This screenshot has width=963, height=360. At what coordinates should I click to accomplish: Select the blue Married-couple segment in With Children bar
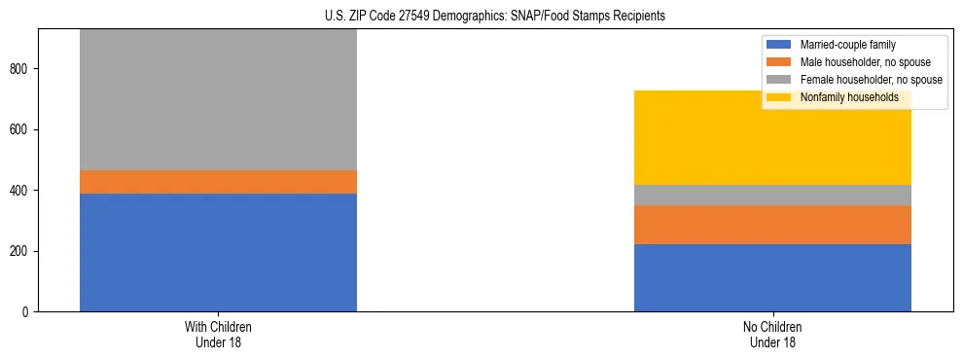pos(218,252)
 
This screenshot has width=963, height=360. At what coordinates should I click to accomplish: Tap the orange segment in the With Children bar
pos(218,182)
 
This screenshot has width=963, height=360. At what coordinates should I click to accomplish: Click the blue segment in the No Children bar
pos(772,277)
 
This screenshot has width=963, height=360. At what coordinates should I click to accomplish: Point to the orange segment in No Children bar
pos(772,225)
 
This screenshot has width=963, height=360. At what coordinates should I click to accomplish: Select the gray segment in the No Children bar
pos(772,195)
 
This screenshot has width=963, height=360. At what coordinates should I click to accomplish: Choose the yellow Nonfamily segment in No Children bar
pos(772,137)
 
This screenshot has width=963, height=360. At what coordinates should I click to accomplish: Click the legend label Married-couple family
pos(847,45)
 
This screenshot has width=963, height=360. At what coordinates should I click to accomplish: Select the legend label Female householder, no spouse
pos(871,80)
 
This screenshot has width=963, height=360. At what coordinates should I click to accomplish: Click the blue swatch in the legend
pos(780,45)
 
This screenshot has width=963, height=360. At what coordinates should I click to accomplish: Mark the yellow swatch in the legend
pos(780,97)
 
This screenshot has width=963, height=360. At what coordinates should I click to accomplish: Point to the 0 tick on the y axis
pos(29,311)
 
